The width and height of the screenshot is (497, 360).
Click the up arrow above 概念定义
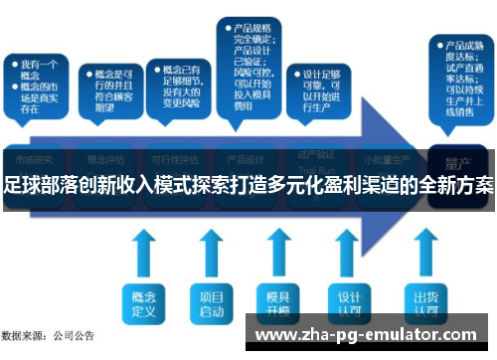[x=145, y=253]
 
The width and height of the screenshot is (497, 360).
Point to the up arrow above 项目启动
[x=212, y=253]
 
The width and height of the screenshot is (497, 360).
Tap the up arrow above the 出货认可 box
[x=426, y=253]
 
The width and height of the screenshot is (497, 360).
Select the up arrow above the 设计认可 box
[x=348, y=253]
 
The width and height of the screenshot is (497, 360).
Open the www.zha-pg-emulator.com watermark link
[x=367, y=335]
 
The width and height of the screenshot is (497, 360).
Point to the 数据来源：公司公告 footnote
[x=49, y=337]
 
